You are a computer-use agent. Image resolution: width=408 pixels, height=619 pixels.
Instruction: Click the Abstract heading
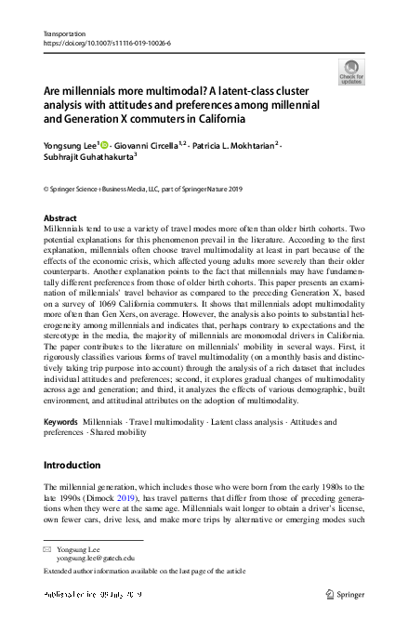click(x=60, y=218)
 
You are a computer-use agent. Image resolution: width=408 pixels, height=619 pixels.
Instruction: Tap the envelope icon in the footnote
click(x=48, y=550)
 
